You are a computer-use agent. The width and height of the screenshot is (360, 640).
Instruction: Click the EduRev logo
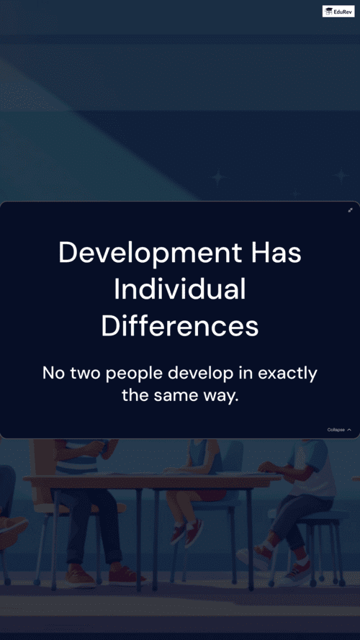tap(338, 12)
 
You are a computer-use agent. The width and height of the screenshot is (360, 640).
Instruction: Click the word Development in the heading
tap(150, 253)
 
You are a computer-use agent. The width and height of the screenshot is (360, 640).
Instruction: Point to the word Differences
tap(179, 326)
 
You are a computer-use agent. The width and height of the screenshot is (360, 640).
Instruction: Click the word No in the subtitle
tap(53, 373)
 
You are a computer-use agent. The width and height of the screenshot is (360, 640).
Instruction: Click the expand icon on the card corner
tap(350, 210)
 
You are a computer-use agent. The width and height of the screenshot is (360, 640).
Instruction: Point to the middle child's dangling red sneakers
tap(186, 533)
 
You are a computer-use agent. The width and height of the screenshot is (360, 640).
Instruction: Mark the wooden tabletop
tap(151, 480)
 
